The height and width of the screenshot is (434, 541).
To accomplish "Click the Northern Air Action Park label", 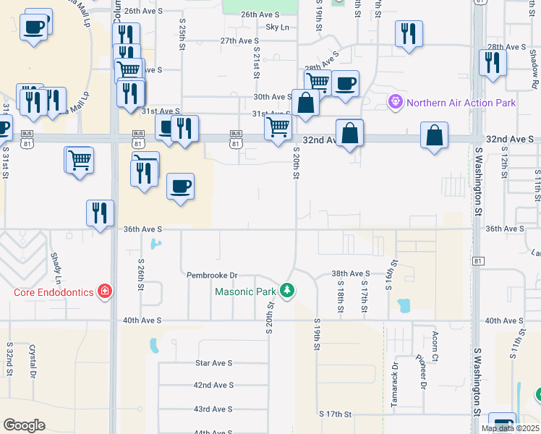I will (461, 103).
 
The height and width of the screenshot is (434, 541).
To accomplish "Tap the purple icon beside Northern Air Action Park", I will (395, 103).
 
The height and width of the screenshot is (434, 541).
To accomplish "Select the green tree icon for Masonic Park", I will (288, 291).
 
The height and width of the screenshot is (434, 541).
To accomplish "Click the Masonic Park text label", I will (245, 292).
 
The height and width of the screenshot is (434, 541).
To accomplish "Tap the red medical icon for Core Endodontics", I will (106, 292).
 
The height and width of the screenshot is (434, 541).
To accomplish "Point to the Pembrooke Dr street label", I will (212, 276).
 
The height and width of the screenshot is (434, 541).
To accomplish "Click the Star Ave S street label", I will (213, 363).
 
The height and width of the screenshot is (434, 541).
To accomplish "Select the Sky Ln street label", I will (277, 27).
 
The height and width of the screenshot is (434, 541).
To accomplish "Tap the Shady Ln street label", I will (55, 268).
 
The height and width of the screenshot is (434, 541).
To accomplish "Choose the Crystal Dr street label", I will (33, 361).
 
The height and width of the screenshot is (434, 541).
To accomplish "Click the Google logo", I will (24, 425).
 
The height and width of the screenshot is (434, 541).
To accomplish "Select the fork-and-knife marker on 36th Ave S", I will (100, 213).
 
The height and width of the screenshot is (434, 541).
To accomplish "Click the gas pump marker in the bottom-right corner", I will (502, 423).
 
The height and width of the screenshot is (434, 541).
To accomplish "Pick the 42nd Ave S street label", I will (215, 386).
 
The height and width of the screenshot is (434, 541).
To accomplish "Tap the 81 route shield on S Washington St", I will (477, 260).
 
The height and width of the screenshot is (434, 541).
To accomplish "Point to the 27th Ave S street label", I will (239, 41).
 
